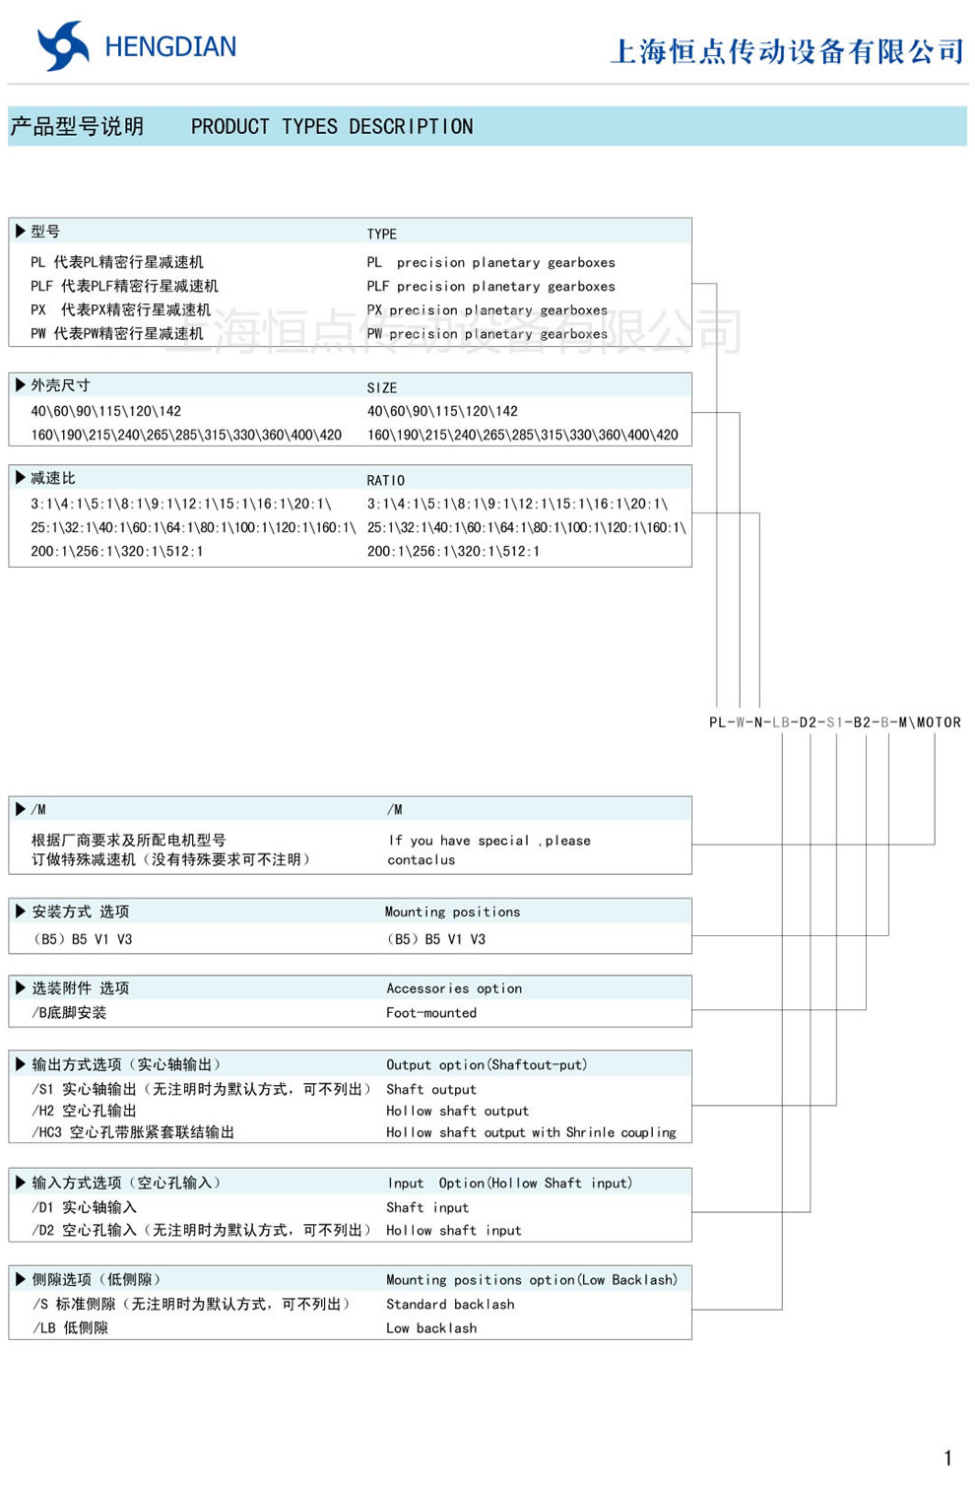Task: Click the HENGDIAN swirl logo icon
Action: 63,46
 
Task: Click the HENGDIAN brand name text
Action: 170,47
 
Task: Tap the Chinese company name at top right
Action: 786,51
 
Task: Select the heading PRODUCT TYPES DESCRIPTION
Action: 332,127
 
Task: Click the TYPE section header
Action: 382,235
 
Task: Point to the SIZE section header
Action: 382,388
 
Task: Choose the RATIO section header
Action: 386,481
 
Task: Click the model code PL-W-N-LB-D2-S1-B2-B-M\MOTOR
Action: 834,722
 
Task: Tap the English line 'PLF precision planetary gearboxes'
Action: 490,287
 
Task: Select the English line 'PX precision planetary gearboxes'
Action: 487,310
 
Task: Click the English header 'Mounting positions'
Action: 452,913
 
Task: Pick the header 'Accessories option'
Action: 454,988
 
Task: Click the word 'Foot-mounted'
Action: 431,1013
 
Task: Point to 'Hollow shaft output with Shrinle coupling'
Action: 531,1133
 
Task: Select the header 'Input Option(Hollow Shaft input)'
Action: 509,1184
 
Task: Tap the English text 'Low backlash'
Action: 431,1328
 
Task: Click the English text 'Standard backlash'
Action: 450,1305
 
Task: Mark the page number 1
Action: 947,1458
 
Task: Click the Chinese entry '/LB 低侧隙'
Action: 71,1328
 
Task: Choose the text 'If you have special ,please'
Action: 489,841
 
